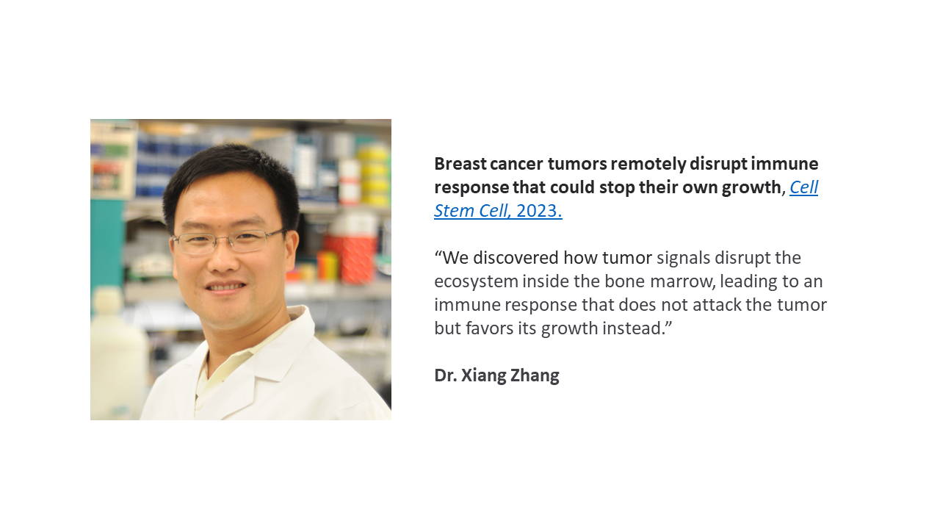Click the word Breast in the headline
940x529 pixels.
point(460,164)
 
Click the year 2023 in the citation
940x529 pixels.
point(539,211)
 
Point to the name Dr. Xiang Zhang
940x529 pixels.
point(497,375)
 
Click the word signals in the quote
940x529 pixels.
point(683,259)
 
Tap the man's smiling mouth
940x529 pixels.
point(225,287)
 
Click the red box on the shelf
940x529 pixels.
point(351,257)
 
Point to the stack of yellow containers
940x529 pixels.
point(372,176)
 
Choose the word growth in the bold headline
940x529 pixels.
point(754,188)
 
